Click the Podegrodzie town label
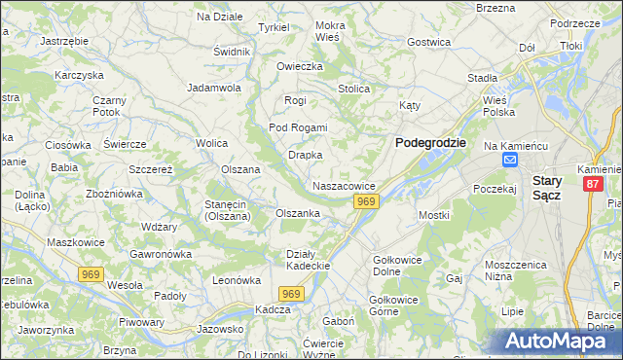pyautogui.click(x=430, y=142)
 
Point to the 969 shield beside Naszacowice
pyautogui.click(x=366, y=200)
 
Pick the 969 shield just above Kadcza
pyautogui.click(x=291, y=293)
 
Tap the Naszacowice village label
pyautogui.click(x=345, y=185)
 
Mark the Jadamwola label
pyautogui.click(x=214, y=87)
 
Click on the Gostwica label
pyautogui.click(x=429, y=42)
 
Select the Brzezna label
pyautogui.click(x=496, y=7)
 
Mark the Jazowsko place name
pyautogui.click(x=218, y=329)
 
